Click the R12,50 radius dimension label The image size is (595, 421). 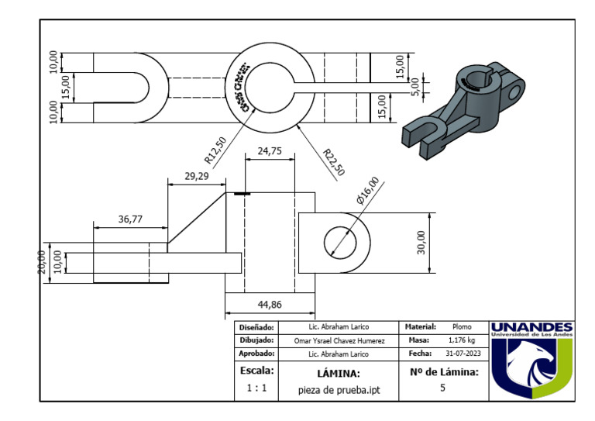point(215,150)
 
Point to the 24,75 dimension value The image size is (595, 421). point(269,152)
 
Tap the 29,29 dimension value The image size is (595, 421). point(196,177)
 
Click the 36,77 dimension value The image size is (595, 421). point(130,219)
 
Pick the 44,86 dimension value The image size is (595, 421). point(270,304)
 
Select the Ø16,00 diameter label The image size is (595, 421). point(368,191)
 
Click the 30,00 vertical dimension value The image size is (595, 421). point(421,242)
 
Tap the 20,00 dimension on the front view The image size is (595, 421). point(43,261)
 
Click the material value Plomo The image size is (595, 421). point(462,327)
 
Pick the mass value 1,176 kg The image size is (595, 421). point(462,340)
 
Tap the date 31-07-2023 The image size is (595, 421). point(462,354)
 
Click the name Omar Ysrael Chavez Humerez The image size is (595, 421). point(338,340)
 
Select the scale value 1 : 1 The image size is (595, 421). point(257,388)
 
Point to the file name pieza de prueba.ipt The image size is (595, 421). point(338,390)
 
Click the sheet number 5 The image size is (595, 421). point(442,388)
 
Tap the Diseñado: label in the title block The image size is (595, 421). point(256,327)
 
